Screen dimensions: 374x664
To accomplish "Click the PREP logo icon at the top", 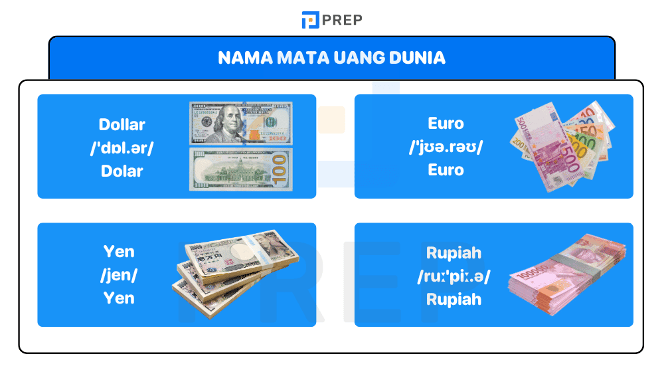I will tap(310, 20).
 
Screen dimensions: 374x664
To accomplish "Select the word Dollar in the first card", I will tap(122, 124).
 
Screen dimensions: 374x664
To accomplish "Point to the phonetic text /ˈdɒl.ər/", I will tap(122, 147).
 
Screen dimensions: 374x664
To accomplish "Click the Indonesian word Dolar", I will tap(122, 171).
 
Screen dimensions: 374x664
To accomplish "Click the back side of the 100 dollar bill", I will tap(241, 169).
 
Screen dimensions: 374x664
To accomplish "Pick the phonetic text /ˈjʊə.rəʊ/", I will tap(446, 147).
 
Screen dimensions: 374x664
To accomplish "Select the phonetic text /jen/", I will tap(119, 275).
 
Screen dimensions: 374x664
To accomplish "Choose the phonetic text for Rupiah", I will tap(454, 276).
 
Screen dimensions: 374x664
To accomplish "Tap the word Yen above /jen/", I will tap(119, 252).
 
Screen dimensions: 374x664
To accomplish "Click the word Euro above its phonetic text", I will tap(446, 124).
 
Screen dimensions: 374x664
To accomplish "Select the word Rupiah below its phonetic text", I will tap(454, 300).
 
